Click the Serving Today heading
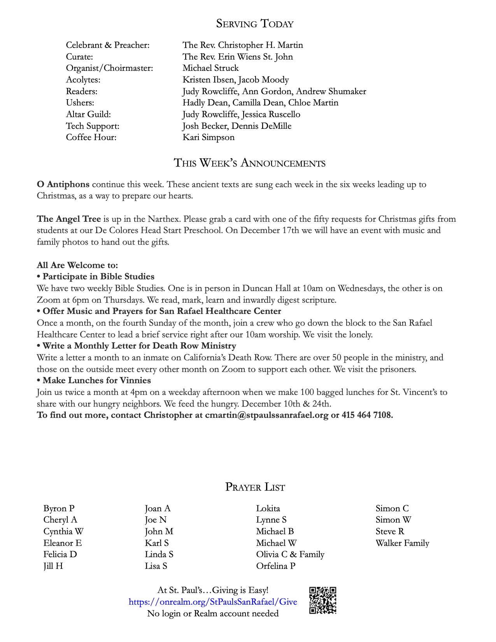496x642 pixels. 254,24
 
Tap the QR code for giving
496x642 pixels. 323,600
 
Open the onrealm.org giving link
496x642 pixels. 213,602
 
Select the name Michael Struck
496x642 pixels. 210,68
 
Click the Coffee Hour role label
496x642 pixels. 91,137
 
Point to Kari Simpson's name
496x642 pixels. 209,137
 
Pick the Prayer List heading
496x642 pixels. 255,487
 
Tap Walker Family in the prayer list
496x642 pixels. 402,543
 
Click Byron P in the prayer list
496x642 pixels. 59,508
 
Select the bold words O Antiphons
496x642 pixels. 63,184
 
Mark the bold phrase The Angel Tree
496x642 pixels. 69,219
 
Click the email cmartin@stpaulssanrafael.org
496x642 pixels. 266,415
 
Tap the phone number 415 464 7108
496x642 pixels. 367,415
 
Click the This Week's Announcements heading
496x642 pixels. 249,163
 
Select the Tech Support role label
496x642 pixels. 93,126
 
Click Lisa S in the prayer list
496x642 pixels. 156,566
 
